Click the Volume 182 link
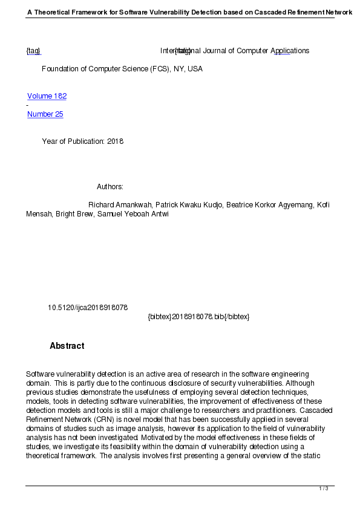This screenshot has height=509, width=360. pos(47,96)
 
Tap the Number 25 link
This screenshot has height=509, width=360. pos(45,114)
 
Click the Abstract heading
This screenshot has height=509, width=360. pos(67,346)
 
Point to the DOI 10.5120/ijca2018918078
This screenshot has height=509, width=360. pos(88,308)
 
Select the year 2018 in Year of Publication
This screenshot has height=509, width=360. pos(115,141)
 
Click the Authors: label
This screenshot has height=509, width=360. pos(110,187)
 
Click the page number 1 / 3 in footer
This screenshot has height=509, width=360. pos(324,488)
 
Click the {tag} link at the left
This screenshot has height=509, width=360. pos(33,51)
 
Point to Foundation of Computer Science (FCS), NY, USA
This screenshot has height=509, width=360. pos(122,69)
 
